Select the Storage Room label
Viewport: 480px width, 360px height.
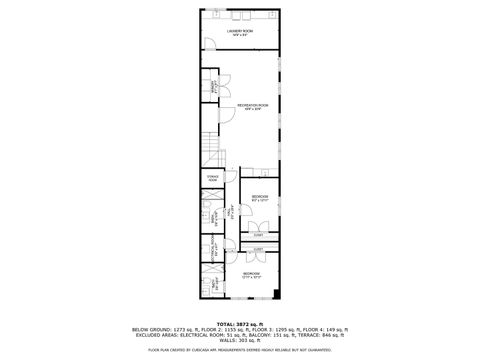pyautogui.click(x=212, y=178)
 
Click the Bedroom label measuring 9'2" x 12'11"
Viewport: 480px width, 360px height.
pyautogui.click(x=260, y=198)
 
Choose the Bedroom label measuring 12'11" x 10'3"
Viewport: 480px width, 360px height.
pyautogui.click(x=251, y=274)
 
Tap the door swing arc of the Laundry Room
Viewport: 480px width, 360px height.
pyautogui.click(x=211, y=43)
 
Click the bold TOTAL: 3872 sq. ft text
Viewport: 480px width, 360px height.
pyautogui.click(x=240, y=324)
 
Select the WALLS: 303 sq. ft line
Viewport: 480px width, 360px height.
pyautogui.click(x=240, y=340)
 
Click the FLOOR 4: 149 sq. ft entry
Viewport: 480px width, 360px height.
pyautogui.click(x=325, y=329)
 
